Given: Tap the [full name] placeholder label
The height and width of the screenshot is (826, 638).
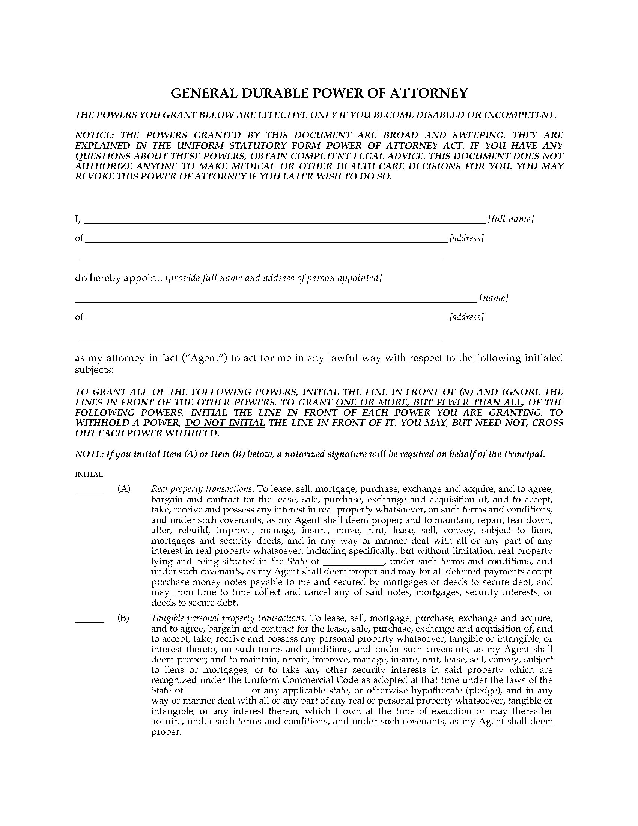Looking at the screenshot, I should (x=511, y=219).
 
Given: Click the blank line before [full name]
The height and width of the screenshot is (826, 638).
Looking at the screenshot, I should (x=283, y=223).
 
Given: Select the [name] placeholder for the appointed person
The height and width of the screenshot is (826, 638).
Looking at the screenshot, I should (x=494, y=298).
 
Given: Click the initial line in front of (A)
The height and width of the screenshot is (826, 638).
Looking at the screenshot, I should (x=90, y=493).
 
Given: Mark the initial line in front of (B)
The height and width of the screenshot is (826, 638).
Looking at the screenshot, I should (x=90, y=621).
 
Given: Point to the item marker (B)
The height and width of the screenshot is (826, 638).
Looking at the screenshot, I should (x=123, y=618).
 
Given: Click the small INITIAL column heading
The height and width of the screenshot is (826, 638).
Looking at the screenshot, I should (x=89, y=474).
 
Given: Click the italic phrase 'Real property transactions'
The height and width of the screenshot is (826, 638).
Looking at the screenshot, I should (x=201, y=489).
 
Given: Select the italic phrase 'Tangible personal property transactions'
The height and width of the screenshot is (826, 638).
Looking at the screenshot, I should (x=227, y=618).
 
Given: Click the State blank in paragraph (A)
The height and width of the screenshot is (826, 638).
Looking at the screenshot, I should (x=354, y=562).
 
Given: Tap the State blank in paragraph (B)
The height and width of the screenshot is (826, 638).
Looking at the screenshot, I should (x=218, y=690).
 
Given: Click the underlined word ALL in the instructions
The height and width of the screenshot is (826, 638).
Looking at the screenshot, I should (x=139, y=392).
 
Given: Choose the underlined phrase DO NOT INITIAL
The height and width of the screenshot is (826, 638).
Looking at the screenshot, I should (x=225, y=422).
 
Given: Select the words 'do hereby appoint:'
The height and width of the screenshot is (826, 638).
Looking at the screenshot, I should (x=119, y=278).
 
